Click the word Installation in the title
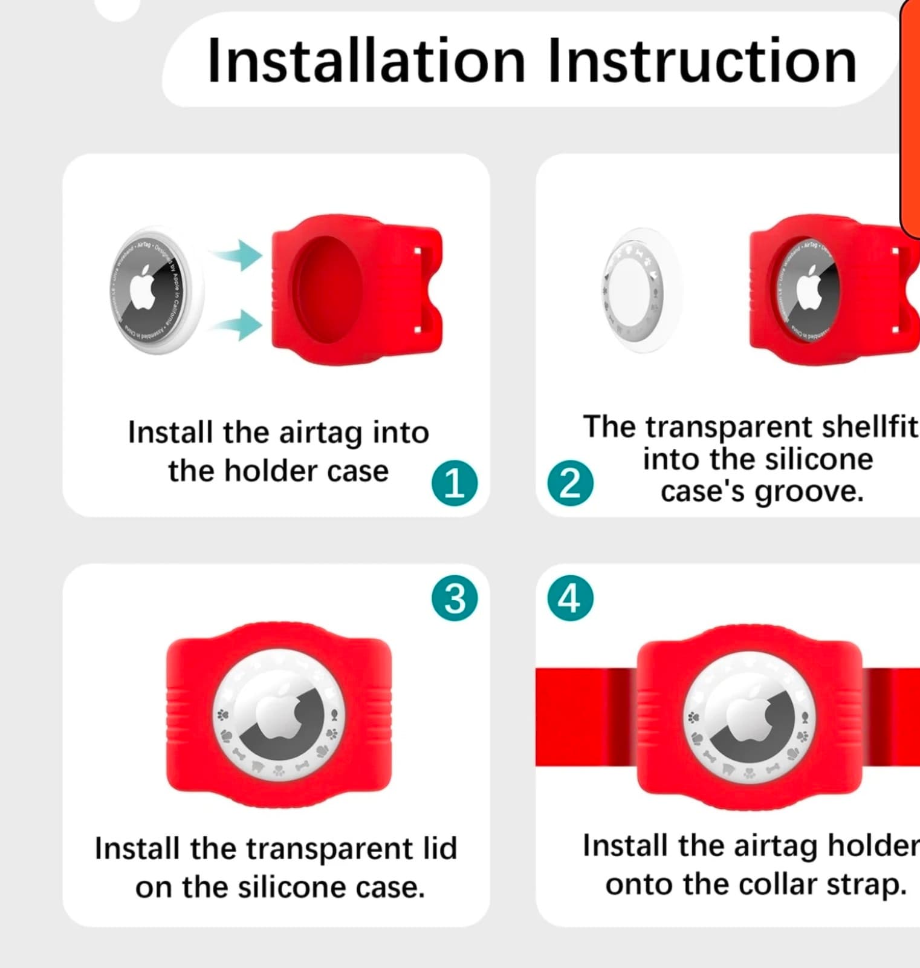click(x=366, y=61)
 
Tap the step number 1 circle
click(x=455, y=483)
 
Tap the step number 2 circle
click(x=570, y=483)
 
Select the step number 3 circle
click(x=455, y=598)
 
